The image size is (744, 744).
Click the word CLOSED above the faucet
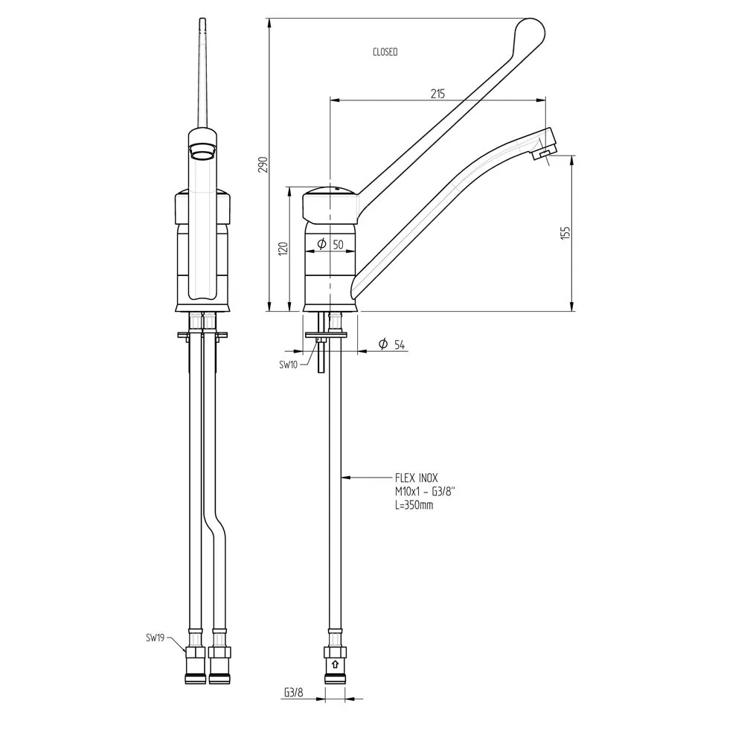point(385,52)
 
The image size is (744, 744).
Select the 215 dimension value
point(437,94)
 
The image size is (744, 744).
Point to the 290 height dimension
point(262,164)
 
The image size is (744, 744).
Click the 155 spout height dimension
point(565,231)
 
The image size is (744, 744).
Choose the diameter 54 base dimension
point(392,344)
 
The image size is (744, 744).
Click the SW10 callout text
point(289,365)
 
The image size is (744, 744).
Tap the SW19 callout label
point(156,638)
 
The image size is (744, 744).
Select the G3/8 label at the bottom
point(293,693)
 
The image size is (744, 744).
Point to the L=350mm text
point(414,505)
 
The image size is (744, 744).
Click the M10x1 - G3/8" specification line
point(425,493)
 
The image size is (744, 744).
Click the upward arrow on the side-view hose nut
point(335,664)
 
